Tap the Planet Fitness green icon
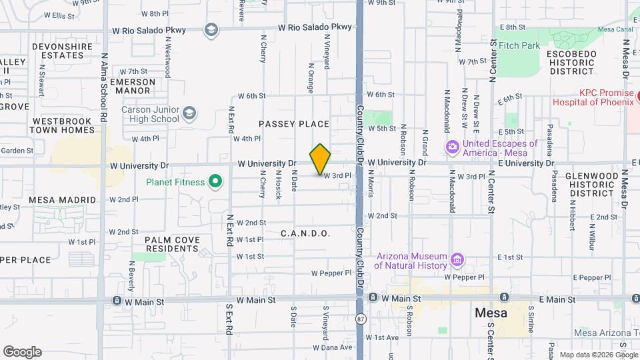[x=215, y=181]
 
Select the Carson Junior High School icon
[x=189, y=113]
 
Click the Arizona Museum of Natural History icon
[x=457, y=259]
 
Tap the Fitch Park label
[x=519, y=46]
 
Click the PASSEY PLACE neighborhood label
[x=294, y=124]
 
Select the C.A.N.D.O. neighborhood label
[x=305, y=233]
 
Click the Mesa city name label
[x=490, y=313]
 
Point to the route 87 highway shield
[x=360, y=319]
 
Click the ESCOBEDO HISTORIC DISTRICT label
[x=570, y=61]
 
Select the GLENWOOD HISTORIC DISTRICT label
[x=591, y=184]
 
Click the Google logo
[x=22, y=352]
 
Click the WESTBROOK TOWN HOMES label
[x=64, y=125]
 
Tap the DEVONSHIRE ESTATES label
[x=67, y=51]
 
